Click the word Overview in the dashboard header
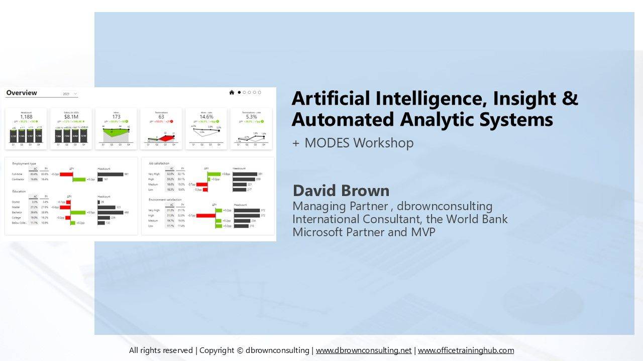click(x=22, y=93)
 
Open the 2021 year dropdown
click(x=70, y=94)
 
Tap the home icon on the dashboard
click(x=232, y=92)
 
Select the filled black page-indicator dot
click(x=239, y=92)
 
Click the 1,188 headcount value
click(x=26, y=117)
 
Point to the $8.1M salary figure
click(x=71, y=117)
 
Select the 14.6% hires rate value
click(x=206, y=117)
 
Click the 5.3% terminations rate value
click(x=251, y=117)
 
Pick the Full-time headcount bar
click(x=110, y=174)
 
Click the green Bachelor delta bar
click(x=78, y=212)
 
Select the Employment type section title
click(x=24, y=164)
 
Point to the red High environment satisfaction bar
click(x=205, y=216)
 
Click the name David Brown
click(x=341, y=191)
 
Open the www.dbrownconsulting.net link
click(x=363, y=350)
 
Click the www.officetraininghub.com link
click(x=466, y=350)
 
